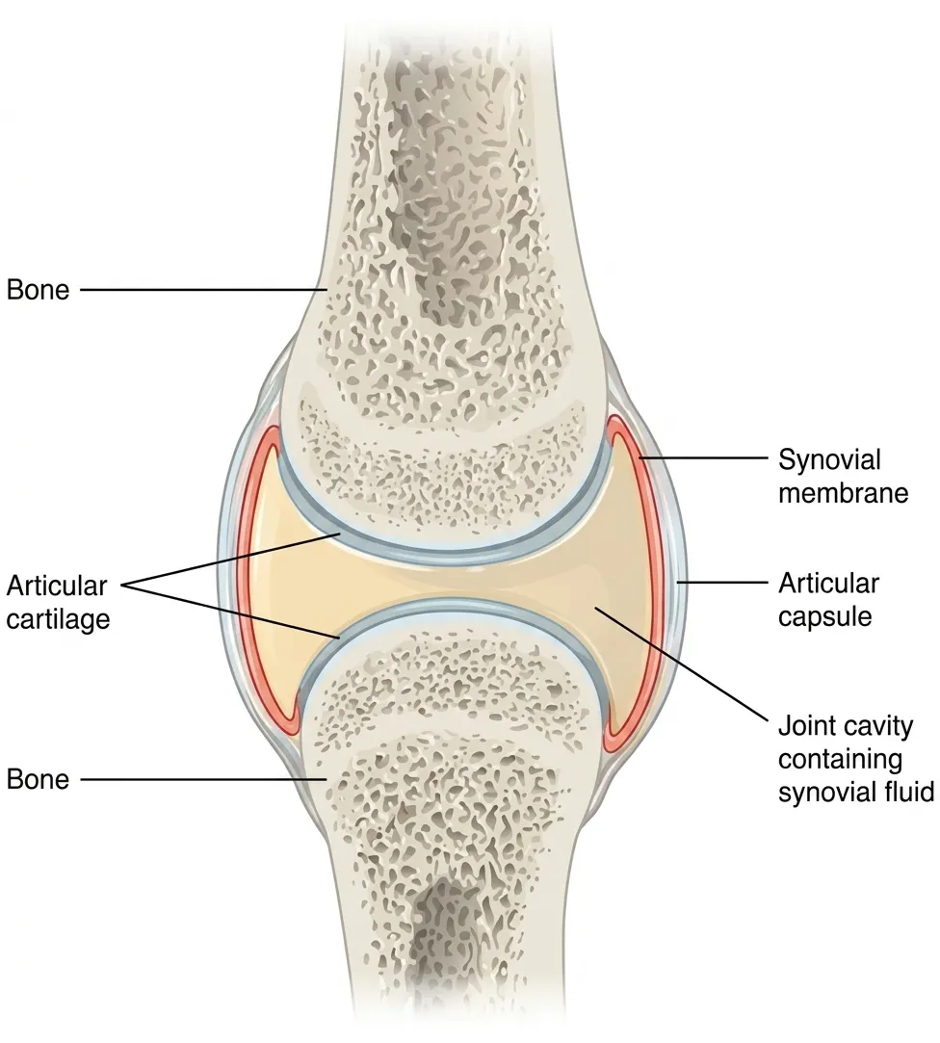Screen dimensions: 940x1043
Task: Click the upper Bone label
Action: click(38, 290)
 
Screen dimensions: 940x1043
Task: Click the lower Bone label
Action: click(38, 779)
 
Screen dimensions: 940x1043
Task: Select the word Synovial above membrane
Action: click(829, 460)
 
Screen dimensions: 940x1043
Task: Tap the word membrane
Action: click(843, 493)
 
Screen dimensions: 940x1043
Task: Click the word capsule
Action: click(825, 617)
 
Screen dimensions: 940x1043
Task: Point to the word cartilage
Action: click(58, 619)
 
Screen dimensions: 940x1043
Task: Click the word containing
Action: click(840, 760)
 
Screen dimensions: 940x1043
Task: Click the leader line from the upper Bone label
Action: click(203, 289)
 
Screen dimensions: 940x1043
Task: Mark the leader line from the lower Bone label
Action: click(203, 779)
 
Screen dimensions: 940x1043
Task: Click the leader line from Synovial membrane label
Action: click(702, 457)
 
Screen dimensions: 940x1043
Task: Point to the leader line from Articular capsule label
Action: click(721, 582)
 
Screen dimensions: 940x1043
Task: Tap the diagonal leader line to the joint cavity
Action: click(681, 663)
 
